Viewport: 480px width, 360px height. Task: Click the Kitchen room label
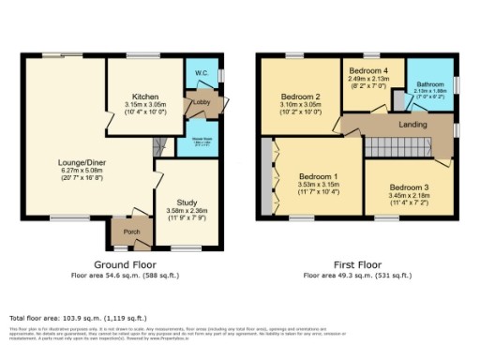(x=145, y=96)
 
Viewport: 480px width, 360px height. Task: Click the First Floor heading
(x=356, y=265)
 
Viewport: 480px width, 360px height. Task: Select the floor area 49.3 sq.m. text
(x=356, y=276)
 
